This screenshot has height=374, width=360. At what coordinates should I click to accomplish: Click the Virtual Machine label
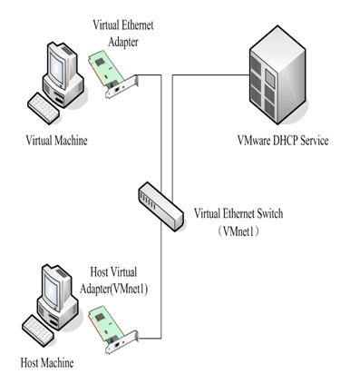tap(56, 142)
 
